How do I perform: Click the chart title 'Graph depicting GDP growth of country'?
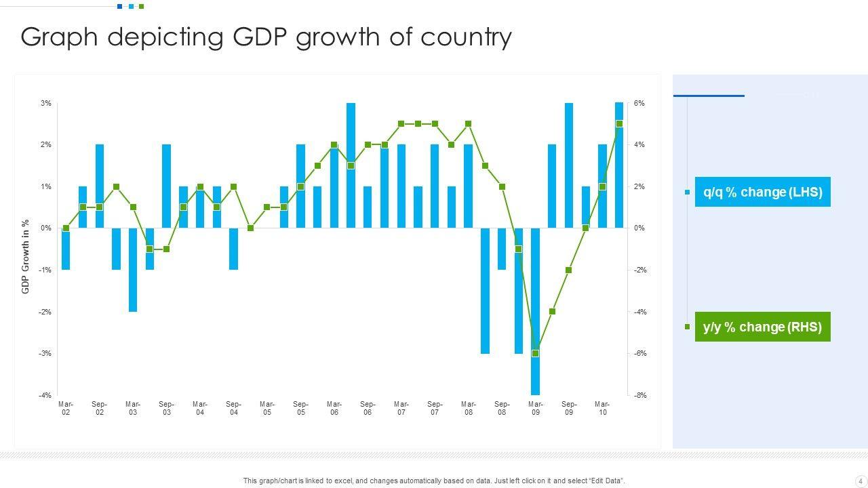click(x=266, y=37)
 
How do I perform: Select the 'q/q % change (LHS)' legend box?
click(x=762, y=192)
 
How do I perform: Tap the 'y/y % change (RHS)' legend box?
click(x=762, y=327)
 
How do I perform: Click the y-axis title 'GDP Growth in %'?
click(x=26, y=256)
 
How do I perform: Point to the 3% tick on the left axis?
click(x=45, y=103)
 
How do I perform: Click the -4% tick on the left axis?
click(x=45, y=395)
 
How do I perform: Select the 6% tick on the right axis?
click(x=639, y=103)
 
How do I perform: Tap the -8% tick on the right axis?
click(x=640, y=395)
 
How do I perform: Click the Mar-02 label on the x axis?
click(x=66, y=408)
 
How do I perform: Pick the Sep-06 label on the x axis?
click(x=368, y=408)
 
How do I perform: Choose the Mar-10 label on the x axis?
click(x=602, y=408)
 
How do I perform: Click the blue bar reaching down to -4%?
click(x=535, y=311)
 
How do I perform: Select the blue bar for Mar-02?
click(x=66, y=249)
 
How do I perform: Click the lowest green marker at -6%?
click(x=535, y=353)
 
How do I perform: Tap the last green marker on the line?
click(x=619, y=124)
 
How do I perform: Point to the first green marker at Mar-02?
click(x=66, y=228)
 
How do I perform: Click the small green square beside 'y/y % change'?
click(x=687, y=327)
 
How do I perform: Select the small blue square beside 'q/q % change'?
click(x=687, y=192)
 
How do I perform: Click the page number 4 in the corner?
click(x=861, y=481)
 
